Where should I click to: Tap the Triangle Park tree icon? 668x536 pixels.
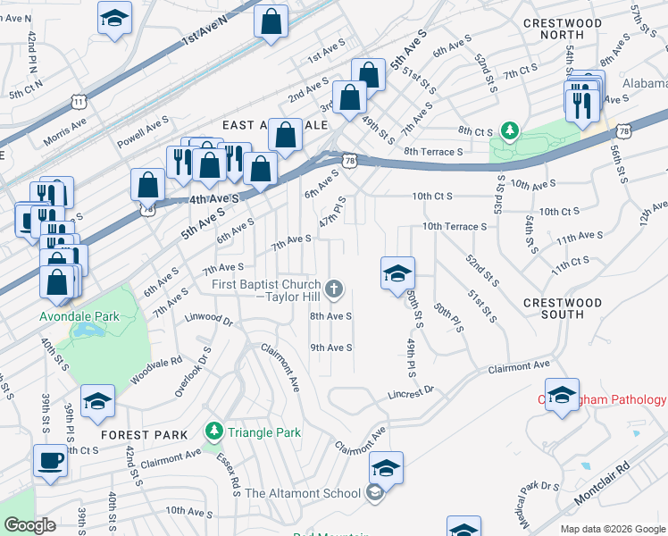point(213,432)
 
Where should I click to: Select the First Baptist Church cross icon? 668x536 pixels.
point(334,288)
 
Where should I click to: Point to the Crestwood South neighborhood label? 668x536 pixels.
point(564,308)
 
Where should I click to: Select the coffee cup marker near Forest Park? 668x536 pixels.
point(50,461)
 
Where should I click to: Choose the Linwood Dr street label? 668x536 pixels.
point(208,319)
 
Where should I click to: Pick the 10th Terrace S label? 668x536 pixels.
point(455,227)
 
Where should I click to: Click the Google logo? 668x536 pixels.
point(30,525)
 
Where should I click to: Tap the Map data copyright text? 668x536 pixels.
point(613,527)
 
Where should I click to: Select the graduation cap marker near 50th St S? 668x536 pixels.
point(397,272)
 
